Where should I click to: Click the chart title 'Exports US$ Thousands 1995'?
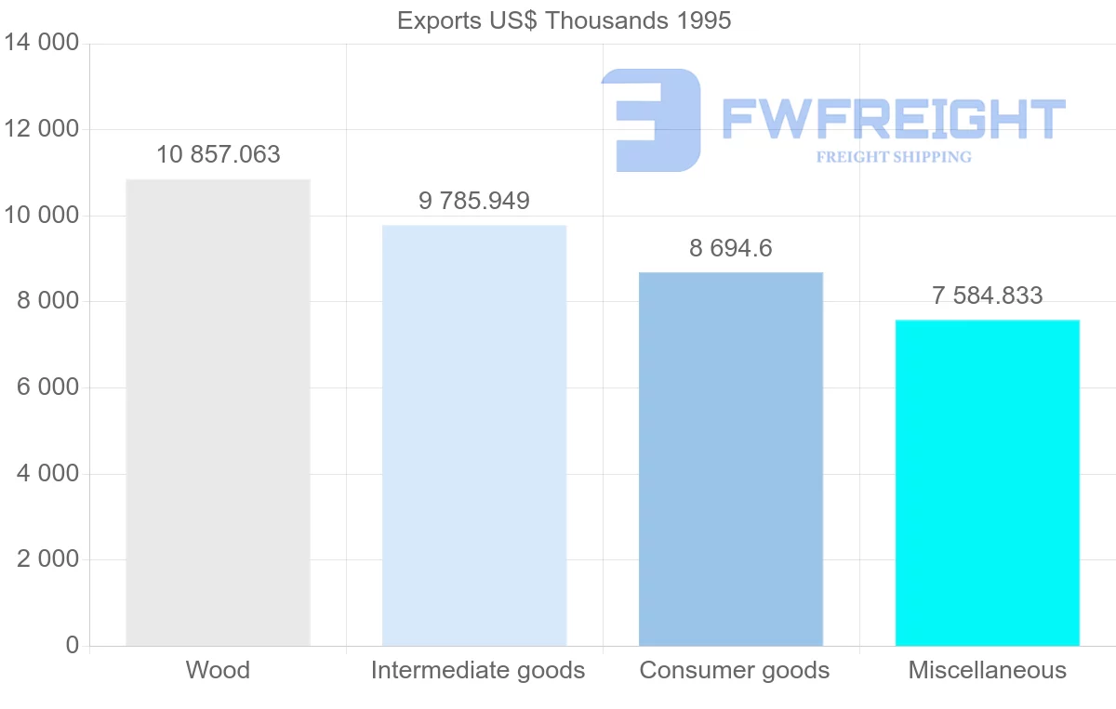point(564,20)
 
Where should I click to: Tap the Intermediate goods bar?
point(474,436)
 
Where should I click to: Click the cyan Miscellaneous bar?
point(987,483)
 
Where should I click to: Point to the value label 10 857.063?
point(218,154)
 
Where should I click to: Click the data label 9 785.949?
point(474,201)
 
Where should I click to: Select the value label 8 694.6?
point(731,248)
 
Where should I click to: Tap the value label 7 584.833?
point(987,295)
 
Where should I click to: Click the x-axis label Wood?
point(218,670)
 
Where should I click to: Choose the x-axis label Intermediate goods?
point(478,670)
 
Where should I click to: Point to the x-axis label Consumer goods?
point(735,670)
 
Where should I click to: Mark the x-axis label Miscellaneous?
point(987,670)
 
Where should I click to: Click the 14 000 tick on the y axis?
point(42,44)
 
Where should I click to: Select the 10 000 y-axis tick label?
point(42,216)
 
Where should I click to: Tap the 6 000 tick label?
point(47,387)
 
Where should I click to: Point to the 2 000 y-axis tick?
point(47,559)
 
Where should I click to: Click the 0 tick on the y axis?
point(73,646)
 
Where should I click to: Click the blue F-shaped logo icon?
point(651,120)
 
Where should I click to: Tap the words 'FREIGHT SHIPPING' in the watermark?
point(894,157)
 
